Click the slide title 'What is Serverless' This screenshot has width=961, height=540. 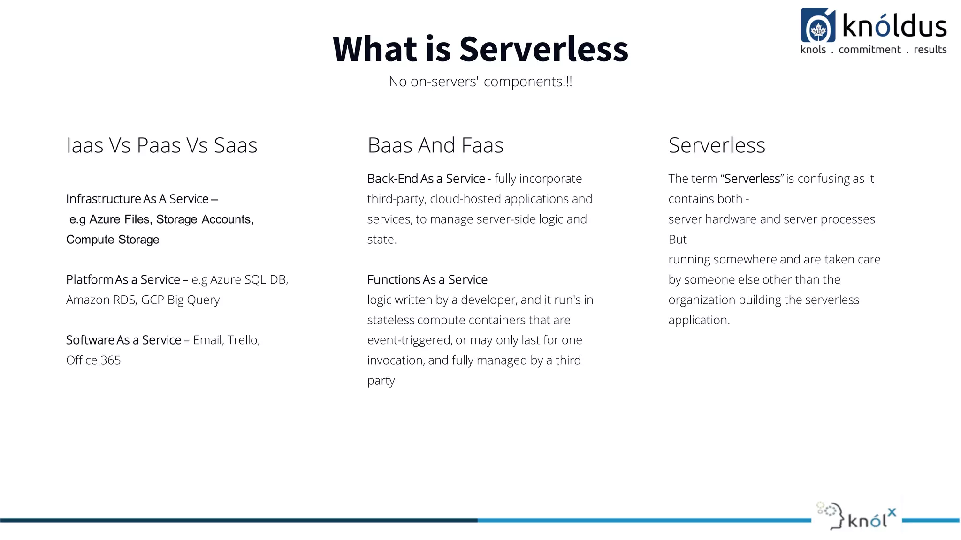[480, 49]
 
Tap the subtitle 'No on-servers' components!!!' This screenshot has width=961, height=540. [480, 82]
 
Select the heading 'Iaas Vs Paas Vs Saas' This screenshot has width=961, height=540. [161, 145]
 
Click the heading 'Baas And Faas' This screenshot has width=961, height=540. [435, 145]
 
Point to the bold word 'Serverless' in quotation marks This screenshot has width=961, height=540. [752, 179]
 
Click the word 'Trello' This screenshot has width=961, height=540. [242, 340]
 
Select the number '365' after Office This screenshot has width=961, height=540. [111, 360]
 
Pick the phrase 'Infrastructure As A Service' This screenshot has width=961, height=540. [137, 199]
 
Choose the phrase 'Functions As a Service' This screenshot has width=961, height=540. [427, 280]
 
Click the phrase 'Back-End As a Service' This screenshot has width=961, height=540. [426, 179]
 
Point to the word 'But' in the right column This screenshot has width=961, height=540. [677, 240]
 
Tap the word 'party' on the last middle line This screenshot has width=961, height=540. [381, 381]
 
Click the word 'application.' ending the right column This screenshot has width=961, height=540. [699, 320]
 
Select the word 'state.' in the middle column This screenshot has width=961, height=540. [381, 240]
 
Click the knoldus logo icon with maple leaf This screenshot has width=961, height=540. [817, 26]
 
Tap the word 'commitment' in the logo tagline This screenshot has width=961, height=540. [869, 50]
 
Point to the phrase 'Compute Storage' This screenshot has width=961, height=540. [113, 240]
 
